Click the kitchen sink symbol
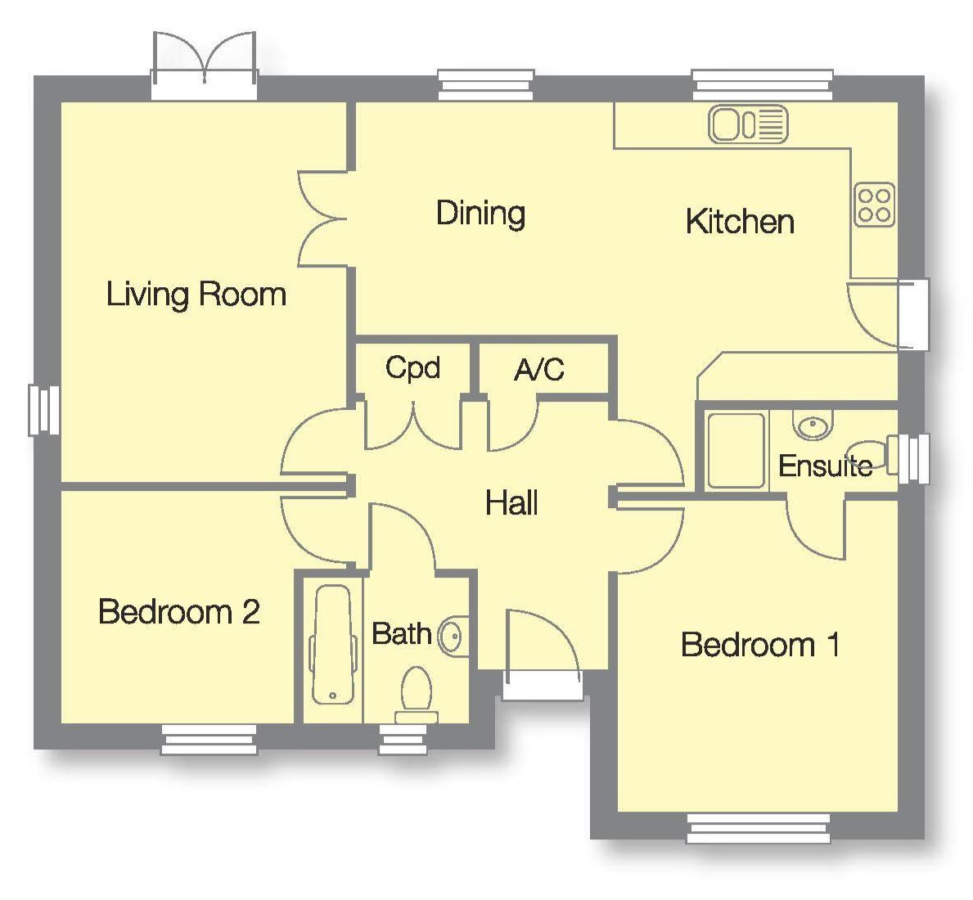pos(748,124)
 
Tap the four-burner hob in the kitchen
pos(874,205)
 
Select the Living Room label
pos(196,295)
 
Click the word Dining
pos(481,214)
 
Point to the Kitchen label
pos(740,222)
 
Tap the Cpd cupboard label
pos(412,368)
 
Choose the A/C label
pos(539,371)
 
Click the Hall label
pos(511,502)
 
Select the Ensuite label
pos(826,466)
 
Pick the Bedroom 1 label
pos(761,645)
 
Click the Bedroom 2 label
pos(178,611)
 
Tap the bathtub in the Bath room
pos(332,645)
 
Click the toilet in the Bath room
pos(417,695)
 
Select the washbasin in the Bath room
pos(453,636)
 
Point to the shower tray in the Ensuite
pos(737,450)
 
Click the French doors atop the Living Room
pos(204,65)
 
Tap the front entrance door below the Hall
pos(543,655)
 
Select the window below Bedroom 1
pos(759,829)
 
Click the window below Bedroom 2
pos(209,740)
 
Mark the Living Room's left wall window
pos(44,410)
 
